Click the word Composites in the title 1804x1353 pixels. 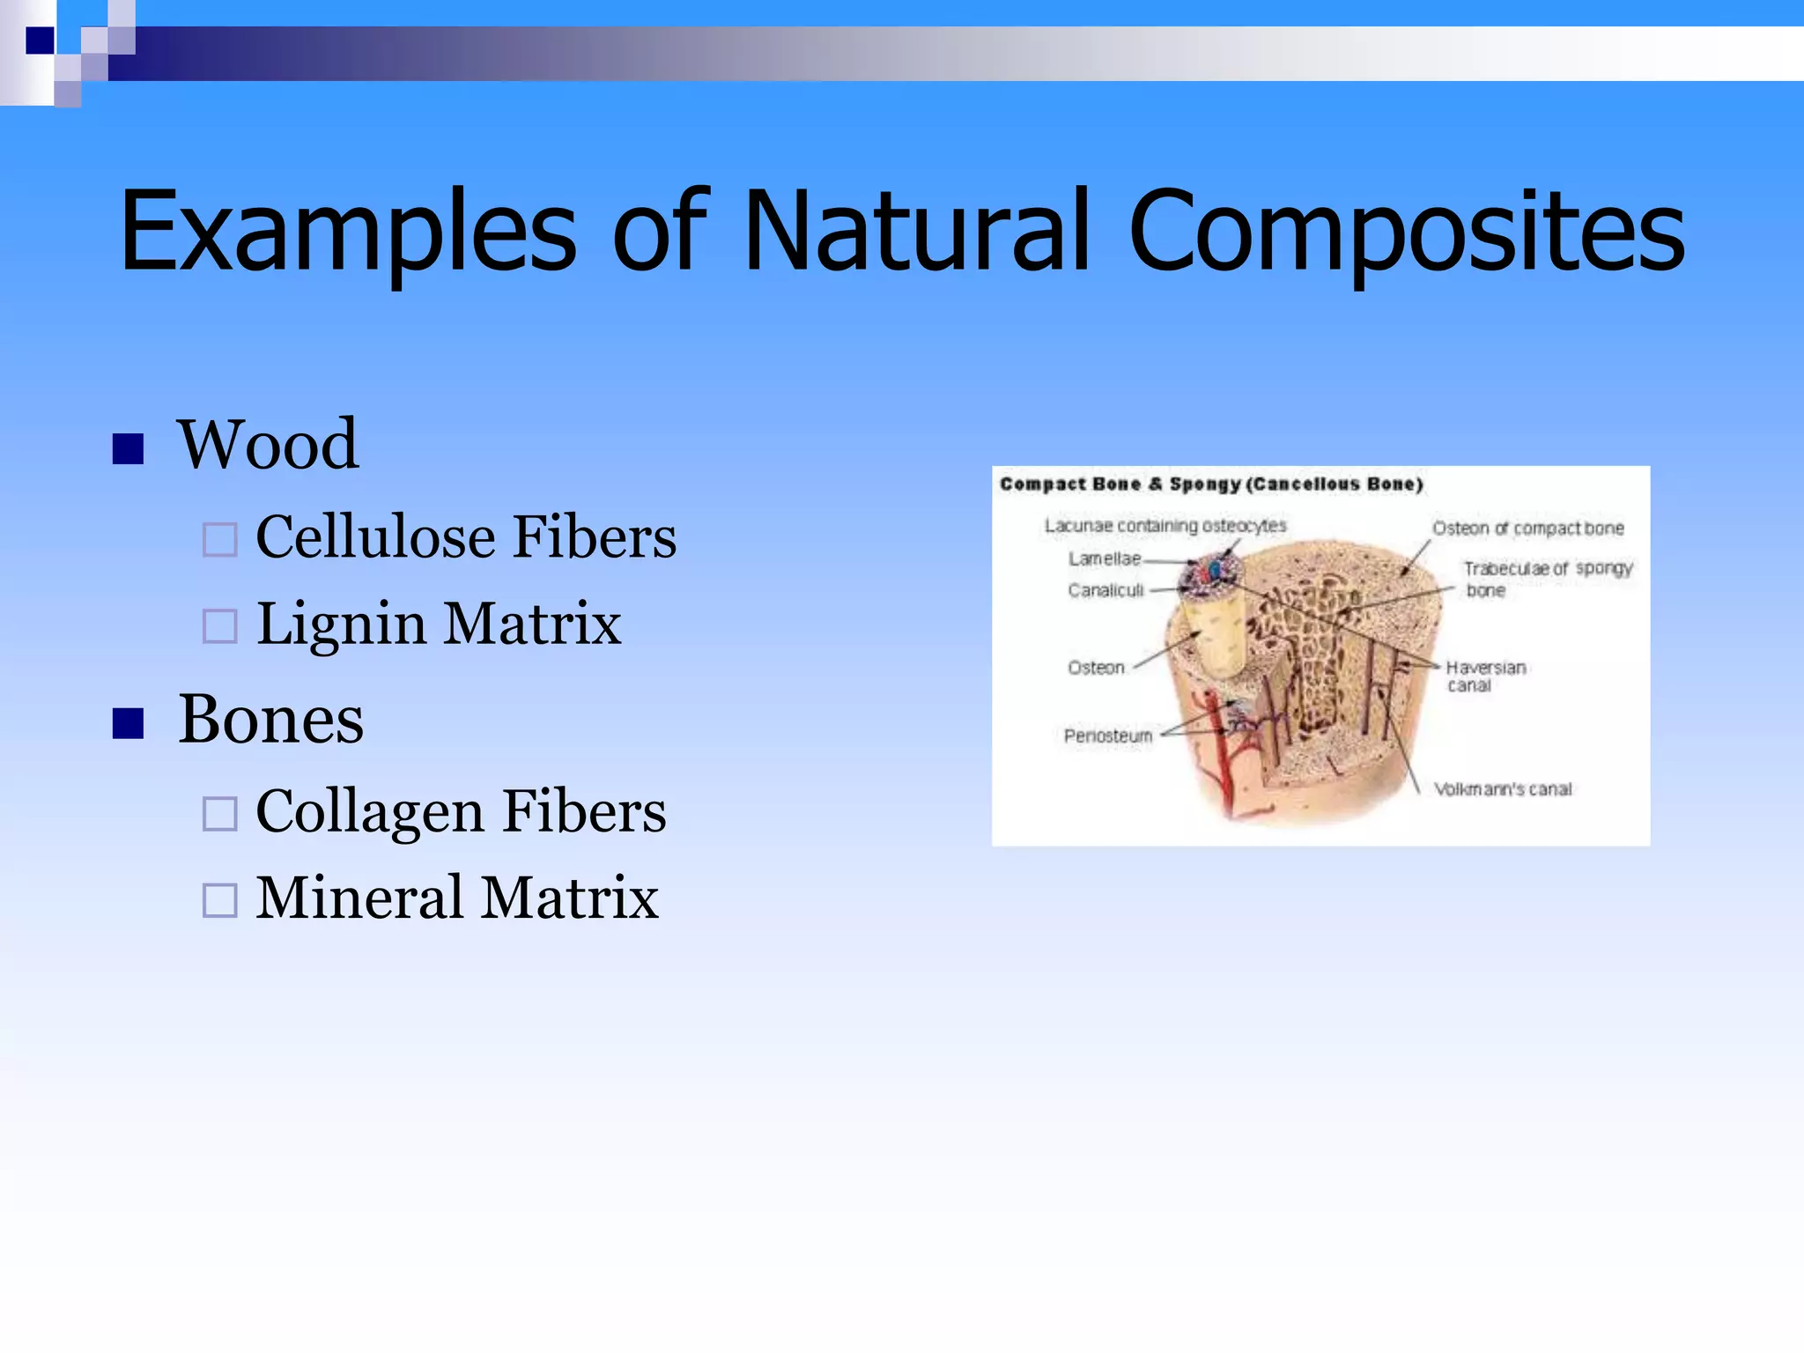tap(1406, 233)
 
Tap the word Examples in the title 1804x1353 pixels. tap(347, 233)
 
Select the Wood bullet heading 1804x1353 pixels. tap(268, 445)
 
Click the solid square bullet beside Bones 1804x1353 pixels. tap(129, 724)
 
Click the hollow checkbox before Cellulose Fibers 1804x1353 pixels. tap(219, 540)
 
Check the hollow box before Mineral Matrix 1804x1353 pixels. tap(219, 900)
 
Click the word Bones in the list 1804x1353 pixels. tap(270, 720)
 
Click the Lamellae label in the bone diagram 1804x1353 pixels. tap(1104, 558)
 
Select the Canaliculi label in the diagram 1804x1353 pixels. tap(1105, 590)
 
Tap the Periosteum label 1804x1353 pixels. tap(1107, 736)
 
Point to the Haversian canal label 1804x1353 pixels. tap(1485, 676)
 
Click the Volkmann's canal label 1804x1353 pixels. tap(1502, 789)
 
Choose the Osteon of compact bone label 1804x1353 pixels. tap(1527, 529)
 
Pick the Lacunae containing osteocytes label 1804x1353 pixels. tap(1164, 526)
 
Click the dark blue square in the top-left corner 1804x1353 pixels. tap(40, 41)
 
